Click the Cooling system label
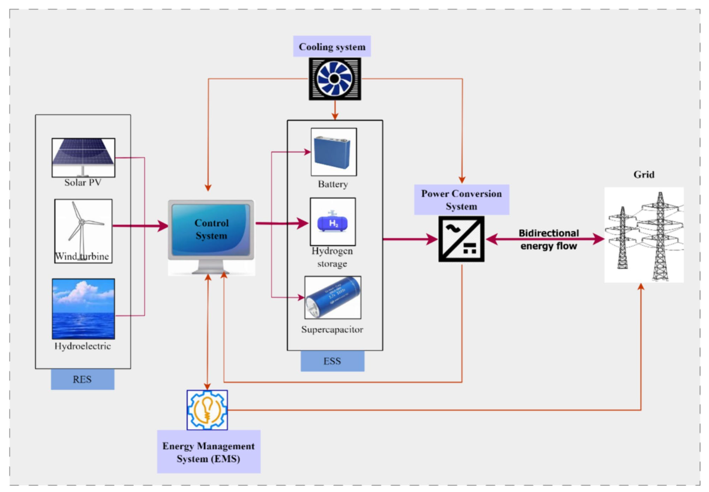[332, 47]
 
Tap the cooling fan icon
[335, 79]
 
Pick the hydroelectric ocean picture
[83, 309]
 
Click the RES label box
[83, 379]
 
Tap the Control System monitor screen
[211, 229]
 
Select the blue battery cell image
[333, 152]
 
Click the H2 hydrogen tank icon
[333, 222]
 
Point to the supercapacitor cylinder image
[333, 298]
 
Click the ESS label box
[332, 361]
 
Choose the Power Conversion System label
[461, 200]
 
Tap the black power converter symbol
[461, 239]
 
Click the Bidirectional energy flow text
[548, 239]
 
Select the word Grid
[644, 175]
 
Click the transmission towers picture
[644, 235]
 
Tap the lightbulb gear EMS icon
[207, 410]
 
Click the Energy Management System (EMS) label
[208, 452]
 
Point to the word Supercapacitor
[332, 329]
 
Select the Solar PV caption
[83, 182]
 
